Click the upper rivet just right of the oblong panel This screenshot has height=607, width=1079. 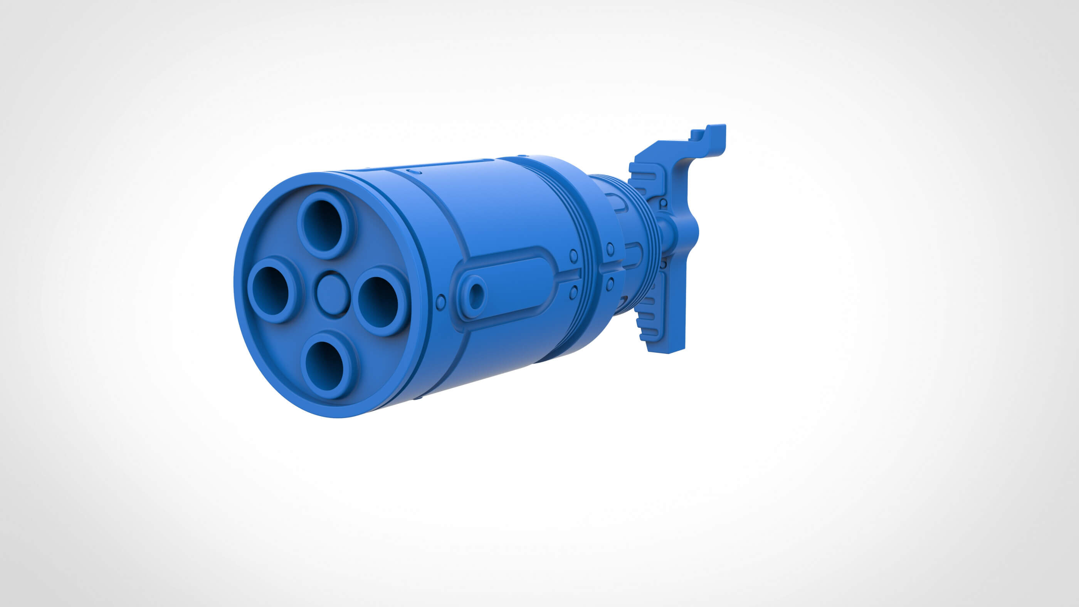[x=573, y=255]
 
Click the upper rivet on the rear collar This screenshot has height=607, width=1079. [x=610, y=247]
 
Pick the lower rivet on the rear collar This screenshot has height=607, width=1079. [x=610, y=284]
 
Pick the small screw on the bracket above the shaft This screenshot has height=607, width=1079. [x=664, y=203]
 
